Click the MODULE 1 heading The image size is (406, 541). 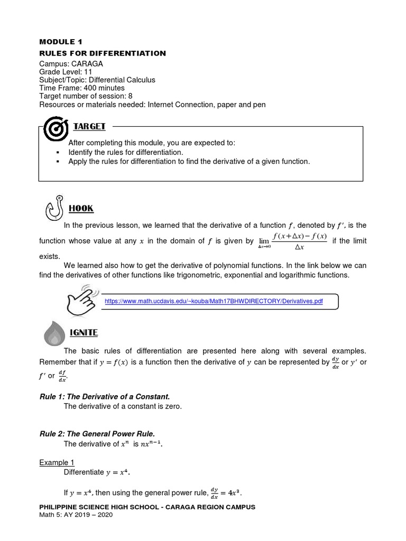(61, 41)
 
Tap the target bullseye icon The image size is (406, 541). (55, 129)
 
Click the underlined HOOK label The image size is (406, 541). (81, 208)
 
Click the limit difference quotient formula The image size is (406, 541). (292, 240)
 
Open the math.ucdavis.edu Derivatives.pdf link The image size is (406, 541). (214, 301)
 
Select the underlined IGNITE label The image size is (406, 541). (84, 333)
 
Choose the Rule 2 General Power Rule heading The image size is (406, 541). (97, 433)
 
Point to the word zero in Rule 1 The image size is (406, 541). (171, 406)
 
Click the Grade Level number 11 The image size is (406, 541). (88, 72)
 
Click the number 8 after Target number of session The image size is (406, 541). (130, 96)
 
